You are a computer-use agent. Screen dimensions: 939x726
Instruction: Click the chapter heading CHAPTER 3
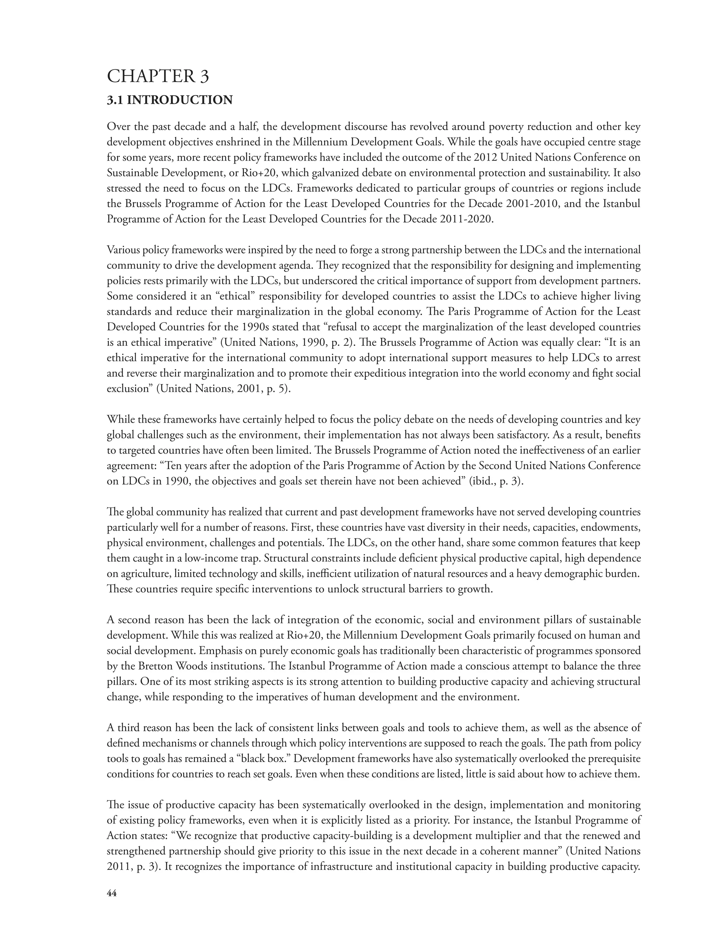point(157,77)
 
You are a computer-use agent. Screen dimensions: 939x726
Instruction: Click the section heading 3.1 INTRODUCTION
point(169,100)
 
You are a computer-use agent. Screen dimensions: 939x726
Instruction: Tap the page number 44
point(111,893)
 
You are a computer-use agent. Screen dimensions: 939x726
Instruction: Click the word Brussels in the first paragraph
point(145,204)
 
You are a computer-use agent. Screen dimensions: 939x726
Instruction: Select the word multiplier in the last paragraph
point(480,836)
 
